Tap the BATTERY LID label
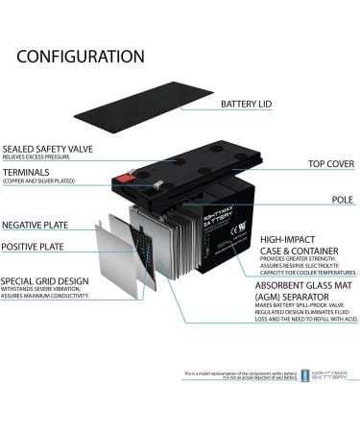[252, 104]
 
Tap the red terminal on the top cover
[123, 177]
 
